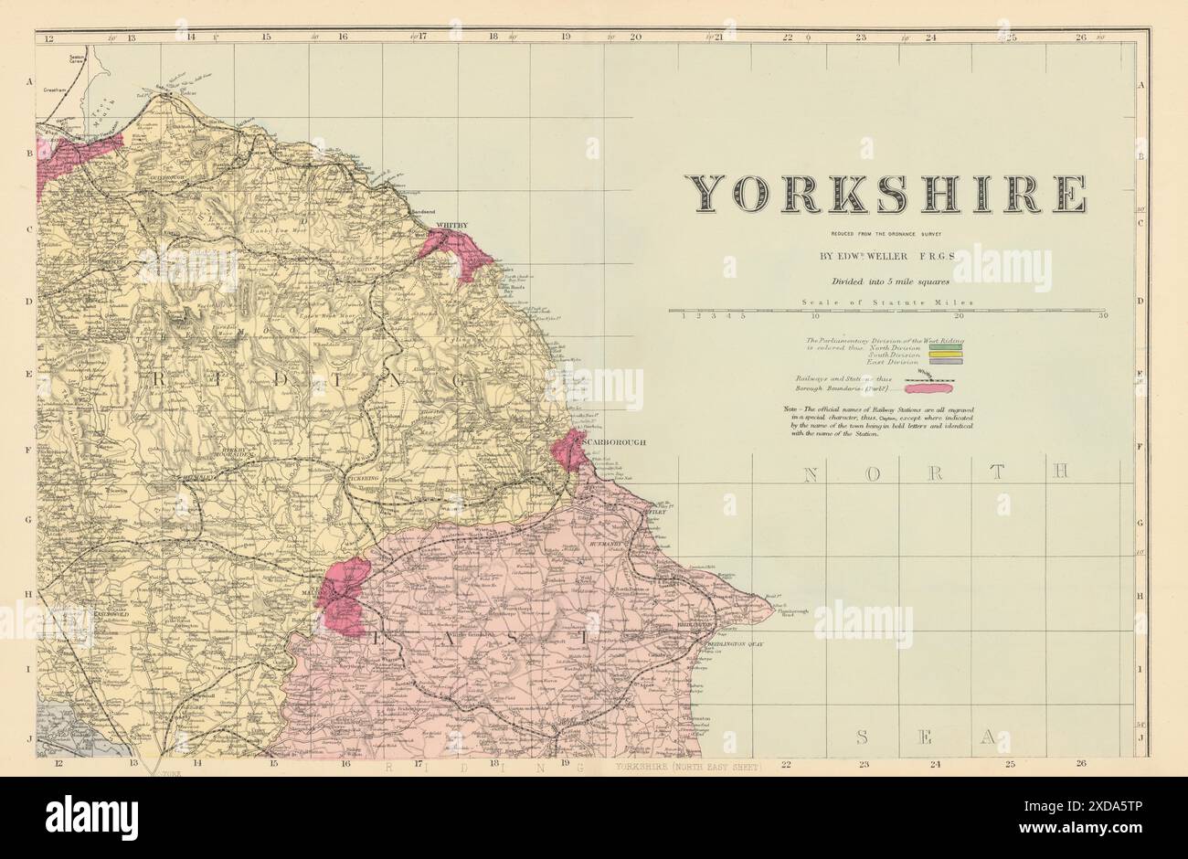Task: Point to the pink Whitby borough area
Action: pos(457,249)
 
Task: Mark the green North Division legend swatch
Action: pos(940,346)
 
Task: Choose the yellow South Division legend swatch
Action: pos(940,355)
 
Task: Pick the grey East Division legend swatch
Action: pos(940,363)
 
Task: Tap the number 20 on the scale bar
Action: pos(959,316)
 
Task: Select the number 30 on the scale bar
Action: pos(1104,316)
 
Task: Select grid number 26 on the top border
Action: pos(1081,38)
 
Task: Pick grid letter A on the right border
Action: pos(1140,83)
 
